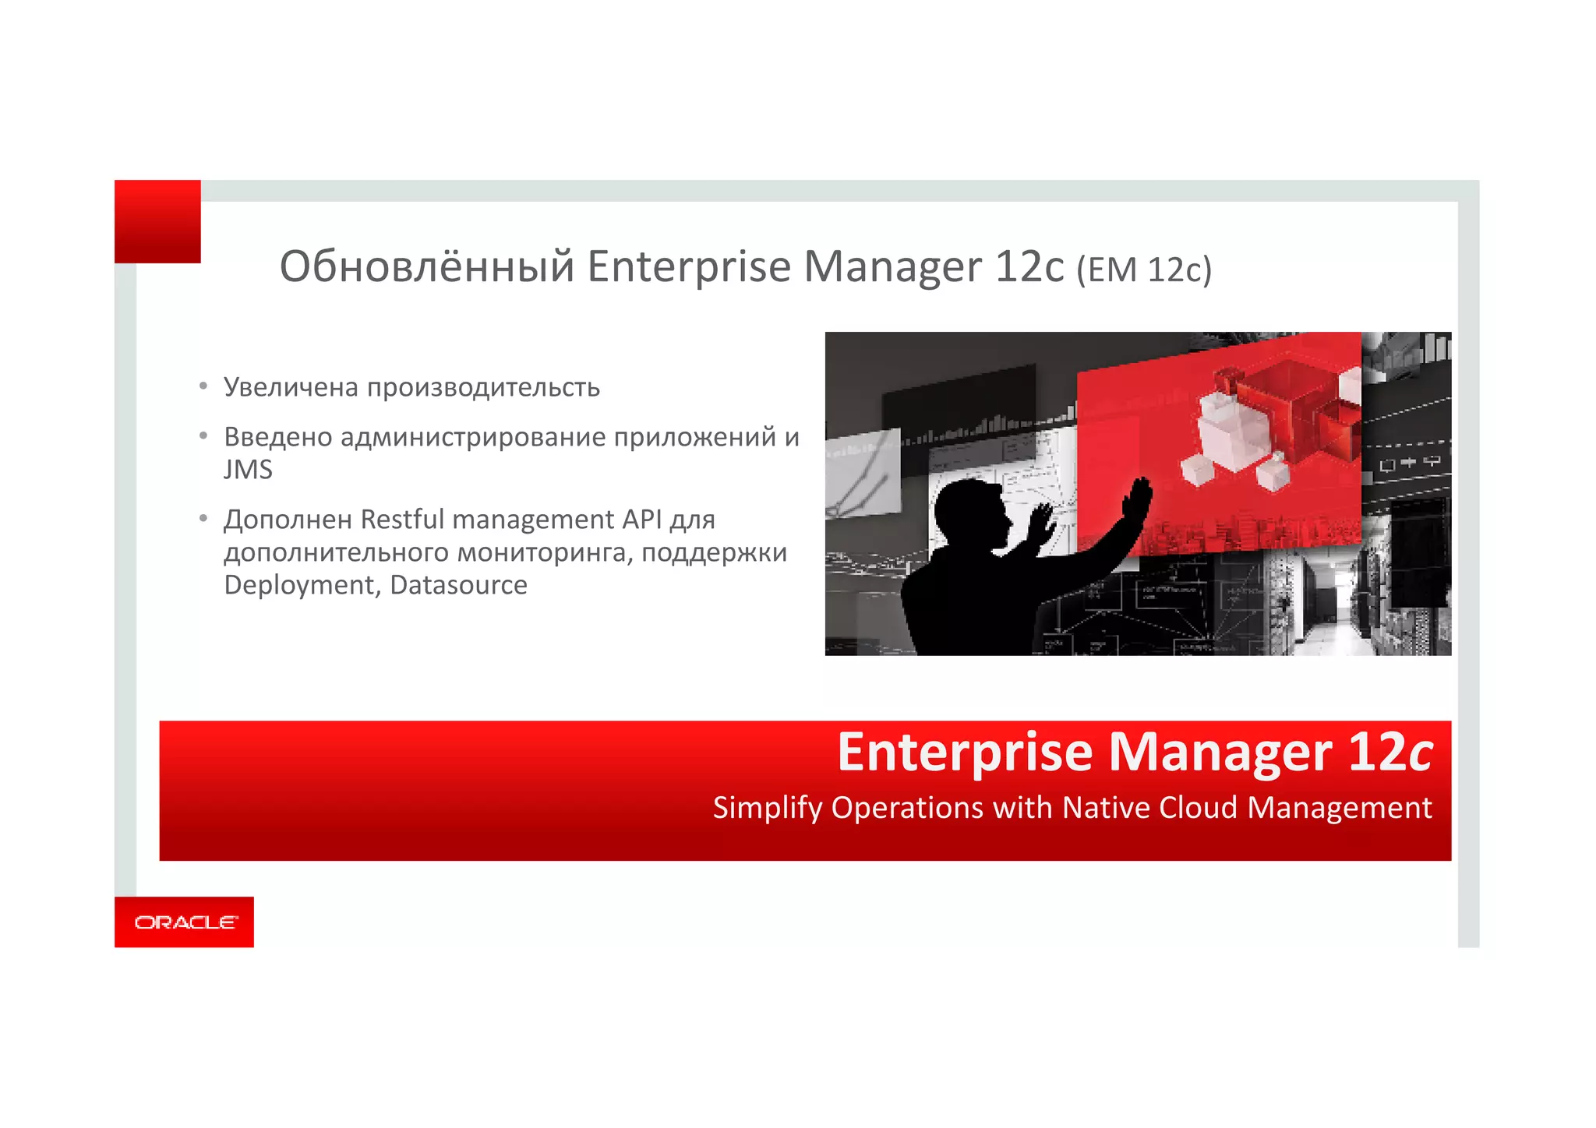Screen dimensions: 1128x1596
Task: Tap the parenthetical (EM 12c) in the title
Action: (1143, 270)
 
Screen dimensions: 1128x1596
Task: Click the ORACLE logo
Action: (185, 922)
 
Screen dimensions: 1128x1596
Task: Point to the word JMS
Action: (248, 470)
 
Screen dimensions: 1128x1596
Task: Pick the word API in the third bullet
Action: (643, 519)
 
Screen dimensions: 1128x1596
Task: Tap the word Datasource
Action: (458, 585)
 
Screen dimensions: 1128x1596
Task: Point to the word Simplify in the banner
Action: (767, 809)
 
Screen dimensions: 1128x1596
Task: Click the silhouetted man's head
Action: (971, 513)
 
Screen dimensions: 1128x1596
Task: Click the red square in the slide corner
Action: (157, 221)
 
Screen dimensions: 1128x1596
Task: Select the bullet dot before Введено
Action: (203, 436)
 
